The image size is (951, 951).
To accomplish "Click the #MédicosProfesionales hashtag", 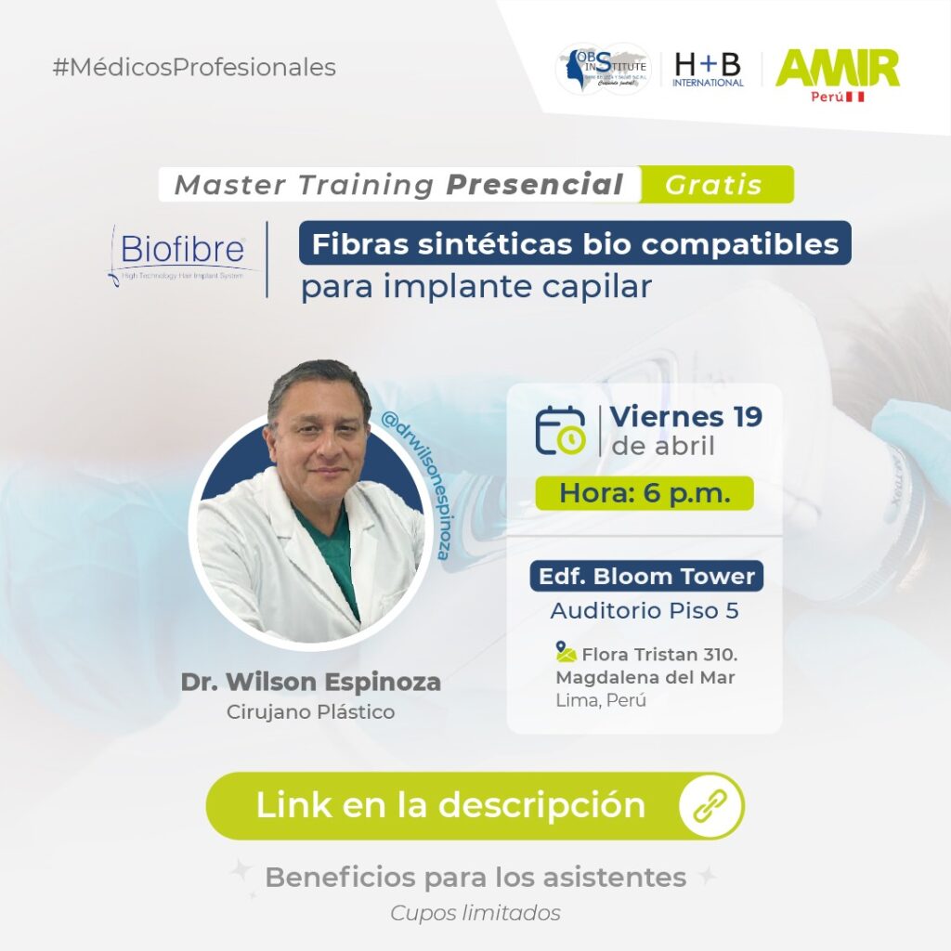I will click(x=195, y=68).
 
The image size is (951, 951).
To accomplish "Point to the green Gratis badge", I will click(x=713, y=185).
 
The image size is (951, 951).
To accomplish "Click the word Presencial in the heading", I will click(x=534, y=185).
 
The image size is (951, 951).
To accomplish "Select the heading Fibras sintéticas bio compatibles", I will click(x=575, y=243).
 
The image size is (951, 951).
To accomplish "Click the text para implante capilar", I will click(x=475, y=287).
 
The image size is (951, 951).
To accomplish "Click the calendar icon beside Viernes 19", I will click(x=560, y=430).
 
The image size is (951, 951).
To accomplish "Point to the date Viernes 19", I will click(x=686, y=417).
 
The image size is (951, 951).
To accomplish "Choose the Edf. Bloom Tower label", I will click(x=646, y=576).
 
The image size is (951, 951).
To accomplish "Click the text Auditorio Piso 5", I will click(x=645, y=611).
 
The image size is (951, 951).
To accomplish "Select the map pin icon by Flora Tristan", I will click(x=566, y=650).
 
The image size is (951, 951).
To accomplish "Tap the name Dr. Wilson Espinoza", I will click(x=311, y=683).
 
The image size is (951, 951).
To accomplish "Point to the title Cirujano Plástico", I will click(x=311, y=712).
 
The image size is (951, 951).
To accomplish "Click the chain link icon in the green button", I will click(x=710, y=805).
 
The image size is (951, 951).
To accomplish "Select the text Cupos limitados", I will click(x=475, y=913).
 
